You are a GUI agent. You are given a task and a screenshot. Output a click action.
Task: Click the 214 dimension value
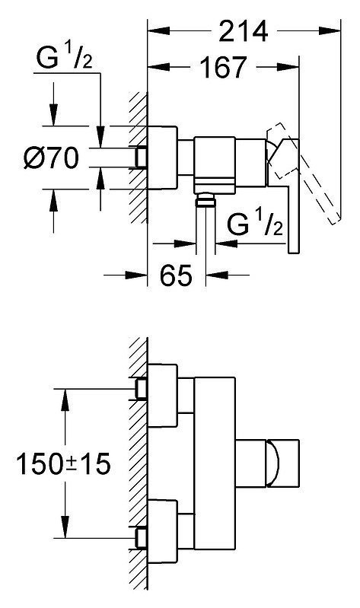point(244,31)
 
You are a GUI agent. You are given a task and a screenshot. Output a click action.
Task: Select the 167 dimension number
point(223,67)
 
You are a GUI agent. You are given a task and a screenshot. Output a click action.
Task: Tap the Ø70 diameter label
point(50,158)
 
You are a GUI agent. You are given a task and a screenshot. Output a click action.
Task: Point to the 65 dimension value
point(176,275)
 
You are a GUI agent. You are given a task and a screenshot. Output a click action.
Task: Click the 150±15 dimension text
point(63,463)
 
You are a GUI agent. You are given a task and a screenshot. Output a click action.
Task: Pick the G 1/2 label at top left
point(64,57)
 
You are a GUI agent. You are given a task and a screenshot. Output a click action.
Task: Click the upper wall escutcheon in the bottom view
point(163,396)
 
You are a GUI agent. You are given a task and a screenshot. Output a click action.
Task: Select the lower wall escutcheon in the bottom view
point(163,531)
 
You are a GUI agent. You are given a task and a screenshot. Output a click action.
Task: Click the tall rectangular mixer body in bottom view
point(215,463)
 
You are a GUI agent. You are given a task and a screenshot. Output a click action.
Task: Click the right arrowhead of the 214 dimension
point(330,30)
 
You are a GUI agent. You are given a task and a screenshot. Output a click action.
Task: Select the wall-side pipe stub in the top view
point(141,158)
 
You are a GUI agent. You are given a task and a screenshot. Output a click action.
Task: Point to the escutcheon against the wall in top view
point(163,158)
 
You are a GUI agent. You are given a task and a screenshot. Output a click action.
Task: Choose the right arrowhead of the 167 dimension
point(288,68)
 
